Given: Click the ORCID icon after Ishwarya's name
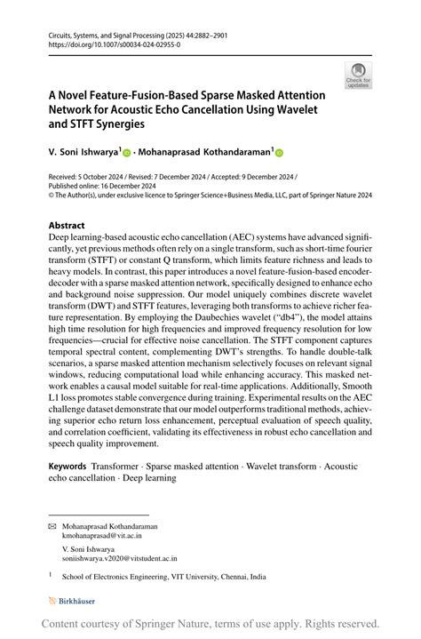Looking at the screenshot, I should pos(128,152).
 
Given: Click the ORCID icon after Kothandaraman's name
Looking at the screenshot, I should pos(282,152).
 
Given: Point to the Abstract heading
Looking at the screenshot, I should pos(67,226).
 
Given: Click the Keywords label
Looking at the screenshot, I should pos(68,466).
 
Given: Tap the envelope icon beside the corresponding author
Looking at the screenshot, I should pos(51,526).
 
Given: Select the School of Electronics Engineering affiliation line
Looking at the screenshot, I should pos(163,577).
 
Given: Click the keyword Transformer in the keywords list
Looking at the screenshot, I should pos(115,466).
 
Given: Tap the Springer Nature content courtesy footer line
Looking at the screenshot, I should pos(210,624).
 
